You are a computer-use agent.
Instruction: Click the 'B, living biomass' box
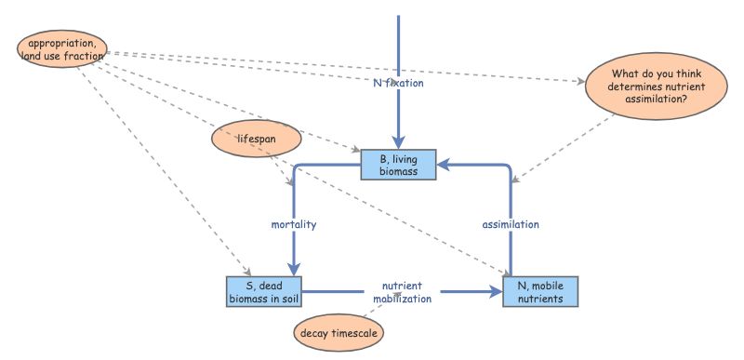click(x=399, y=167)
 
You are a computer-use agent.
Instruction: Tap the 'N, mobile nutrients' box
click(x=540, y=291)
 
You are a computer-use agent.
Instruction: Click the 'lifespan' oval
click(x=257, y=140)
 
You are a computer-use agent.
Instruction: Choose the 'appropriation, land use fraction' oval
click(x=62, y=49)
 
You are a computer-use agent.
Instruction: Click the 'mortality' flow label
click(x=294, y=224)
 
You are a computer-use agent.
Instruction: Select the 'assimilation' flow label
click(x=511, y=224)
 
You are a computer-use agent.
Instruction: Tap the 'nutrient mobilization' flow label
click(x=403, y=292)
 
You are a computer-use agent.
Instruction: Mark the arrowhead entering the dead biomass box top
click(x=294, y=270)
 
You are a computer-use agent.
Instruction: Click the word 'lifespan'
click(x=257, y=140)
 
